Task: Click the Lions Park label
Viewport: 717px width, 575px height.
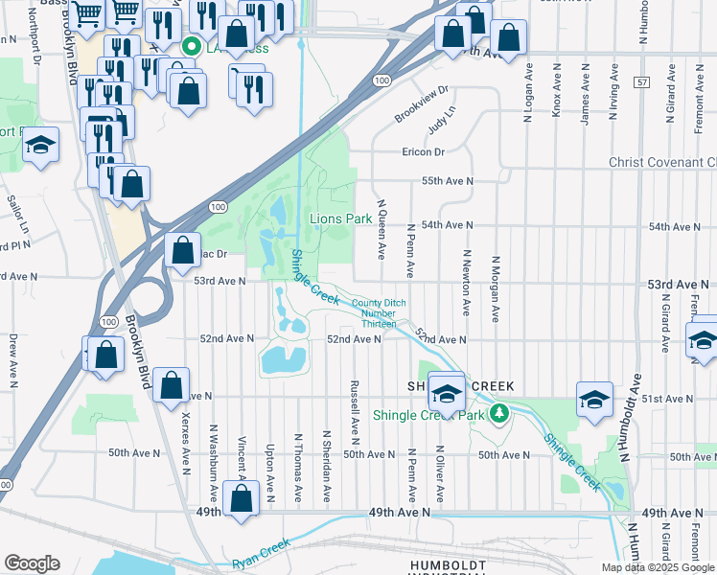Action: (340, 218)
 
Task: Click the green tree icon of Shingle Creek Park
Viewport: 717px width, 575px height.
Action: (498, 414)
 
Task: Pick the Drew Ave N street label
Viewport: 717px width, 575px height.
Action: (12, 360)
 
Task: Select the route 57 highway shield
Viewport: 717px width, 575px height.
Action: (641, 84)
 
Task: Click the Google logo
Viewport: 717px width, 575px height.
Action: (33, 563)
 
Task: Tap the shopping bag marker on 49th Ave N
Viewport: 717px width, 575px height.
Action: (242, 498)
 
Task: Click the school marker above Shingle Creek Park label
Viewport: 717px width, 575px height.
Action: (446, 392)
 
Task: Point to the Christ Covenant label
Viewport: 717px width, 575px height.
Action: (662, 163)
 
